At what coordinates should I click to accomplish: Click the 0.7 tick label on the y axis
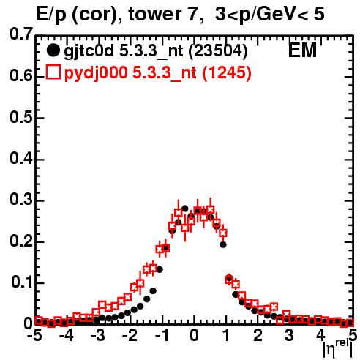pyautogui.click(x=20, y=34)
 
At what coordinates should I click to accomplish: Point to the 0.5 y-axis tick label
pyautogui.click(x=20, y=118)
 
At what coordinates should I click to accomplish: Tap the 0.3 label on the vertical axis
pyautogui.click(x=20, y=200)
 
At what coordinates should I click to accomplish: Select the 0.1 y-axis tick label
pyautogui.click(x=21, y=282)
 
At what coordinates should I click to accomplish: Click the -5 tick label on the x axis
pyautogui.click(x=36, y=336)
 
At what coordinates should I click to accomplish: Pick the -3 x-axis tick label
pyautogui.click(x=97, y=336)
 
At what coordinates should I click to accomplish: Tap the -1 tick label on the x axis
pyautogui.click(x=162, y=336)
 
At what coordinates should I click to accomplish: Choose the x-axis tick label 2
pyautogui.click(x=258, y=336)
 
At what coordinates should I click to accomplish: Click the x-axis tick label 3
pyautogui.click(x=289, y=336)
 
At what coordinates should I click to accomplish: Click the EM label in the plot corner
pyautogui.click(x=302, y=50)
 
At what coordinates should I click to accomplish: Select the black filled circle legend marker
pyautogui.click(x=53, y=50)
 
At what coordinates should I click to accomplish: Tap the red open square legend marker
pyautogui.click(x=53, y=72)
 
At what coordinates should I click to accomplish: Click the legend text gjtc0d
pyautogui.click(x=89, y=51)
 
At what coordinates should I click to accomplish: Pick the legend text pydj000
pyautogui.click(x=96, y=73)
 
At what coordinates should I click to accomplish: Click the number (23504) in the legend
pyautogui.click(x=218, y=51)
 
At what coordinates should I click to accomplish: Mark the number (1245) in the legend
pyautogui.click(x=227, y=73)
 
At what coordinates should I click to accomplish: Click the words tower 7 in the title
pyautogui.click(x=162, y=14)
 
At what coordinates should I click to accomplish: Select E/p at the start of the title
pyautogui.click(x=51, y=15)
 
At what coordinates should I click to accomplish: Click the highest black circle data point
pyautogui.click(x=184, y=209)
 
